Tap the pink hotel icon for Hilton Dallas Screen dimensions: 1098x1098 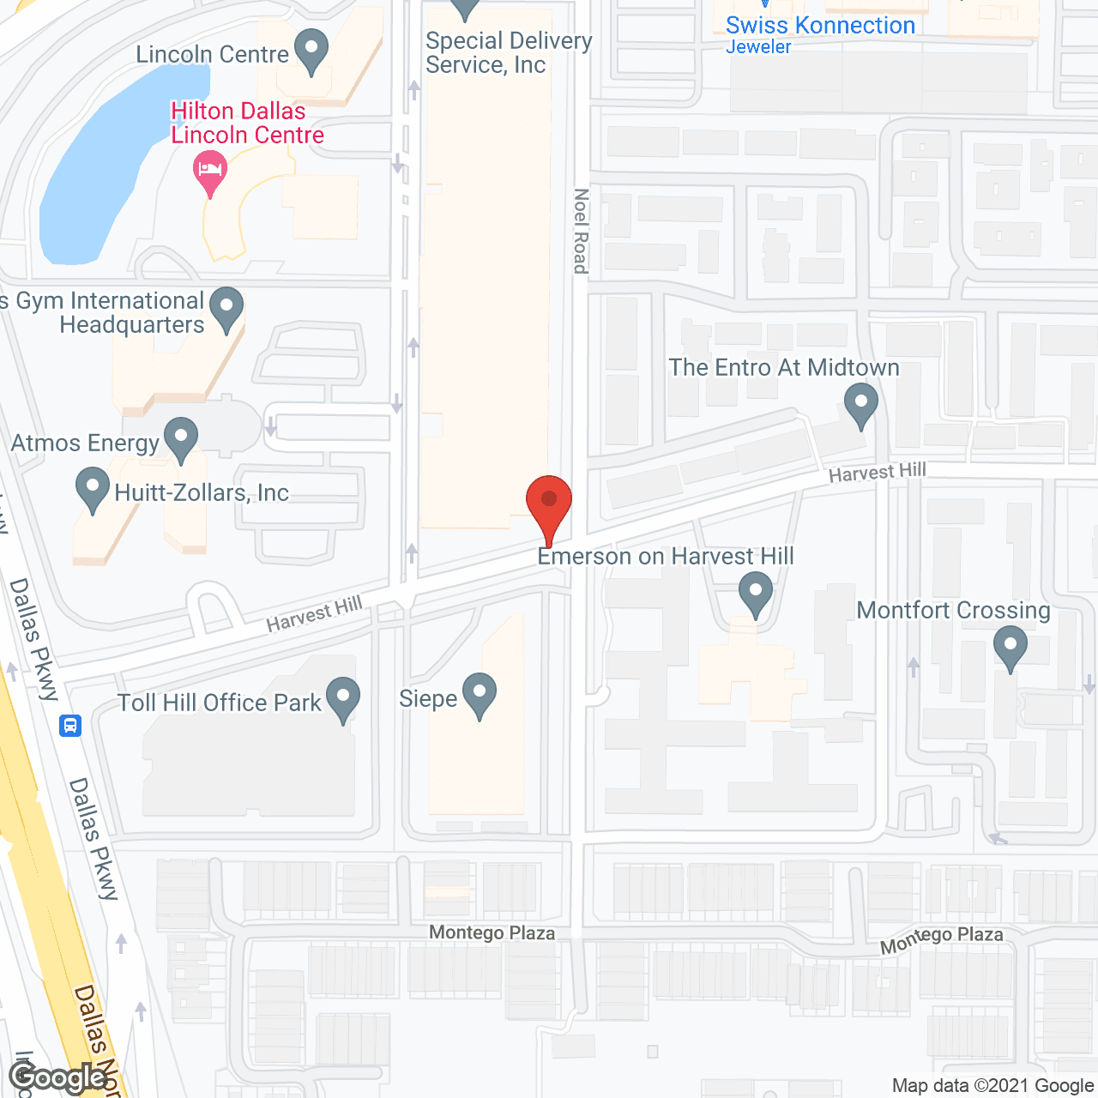coord(210,169)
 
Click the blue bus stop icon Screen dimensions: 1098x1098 coord(70,726)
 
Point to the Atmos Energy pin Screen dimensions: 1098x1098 coord(181,438)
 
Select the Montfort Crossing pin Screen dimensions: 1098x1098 coord(1011,647)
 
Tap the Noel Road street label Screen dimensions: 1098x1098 coord(581,231)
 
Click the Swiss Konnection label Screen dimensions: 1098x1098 coord(820,27)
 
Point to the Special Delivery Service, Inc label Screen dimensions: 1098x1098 coord(508,53)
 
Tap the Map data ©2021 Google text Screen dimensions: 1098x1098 coord(993,1086)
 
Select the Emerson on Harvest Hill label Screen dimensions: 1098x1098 coord(666,557)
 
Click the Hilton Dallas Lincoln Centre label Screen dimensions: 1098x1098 coord(247,124)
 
